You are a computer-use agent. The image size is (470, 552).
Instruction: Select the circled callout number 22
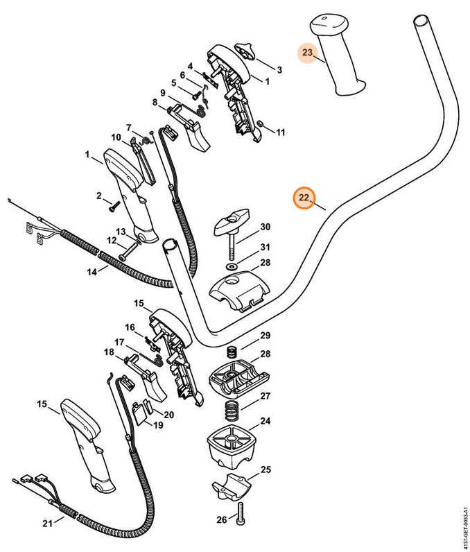pos(304,198)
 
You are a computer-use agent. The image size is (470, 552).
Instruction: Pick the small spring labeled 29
pos(234,350)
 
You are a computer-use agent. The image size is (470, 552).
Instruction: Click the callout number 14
pos(92,271)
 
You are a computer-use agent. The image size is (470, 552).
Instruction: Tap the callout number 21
pos(47,522)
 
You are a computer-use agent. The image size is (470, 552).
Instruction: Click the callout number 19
pos(158,425)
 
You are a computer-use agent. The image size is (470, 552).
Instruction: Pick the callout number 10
pos(116,136)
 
